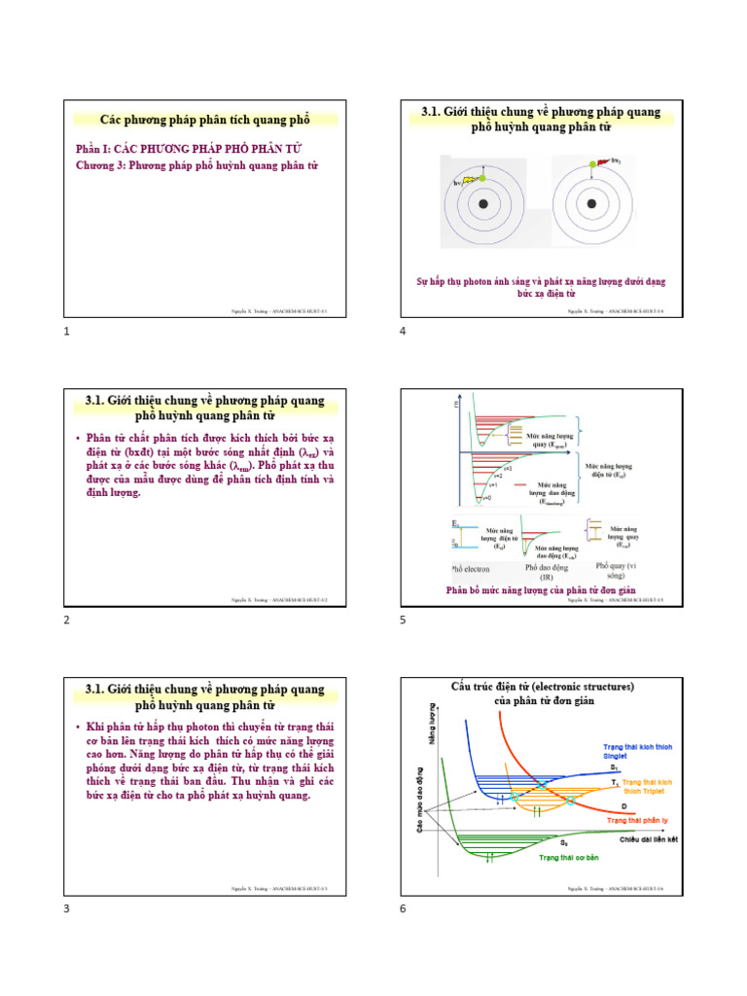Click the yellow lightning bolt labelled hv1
tap(472, 179)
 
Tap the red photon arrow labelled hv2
tap(603, 161)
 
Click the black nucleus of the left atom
tap(483, 204)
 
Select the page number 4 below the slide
tap(403, 332)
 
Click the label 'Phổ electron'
tap(473, 567)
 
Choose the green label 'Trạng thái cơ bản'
tap(571, 858)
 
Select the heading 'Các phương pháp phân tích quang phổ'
tap(205, 120)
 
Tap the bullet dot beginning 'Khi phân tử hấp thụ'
tap(78, 728)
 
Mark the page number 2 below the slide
tap(66, 620)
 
